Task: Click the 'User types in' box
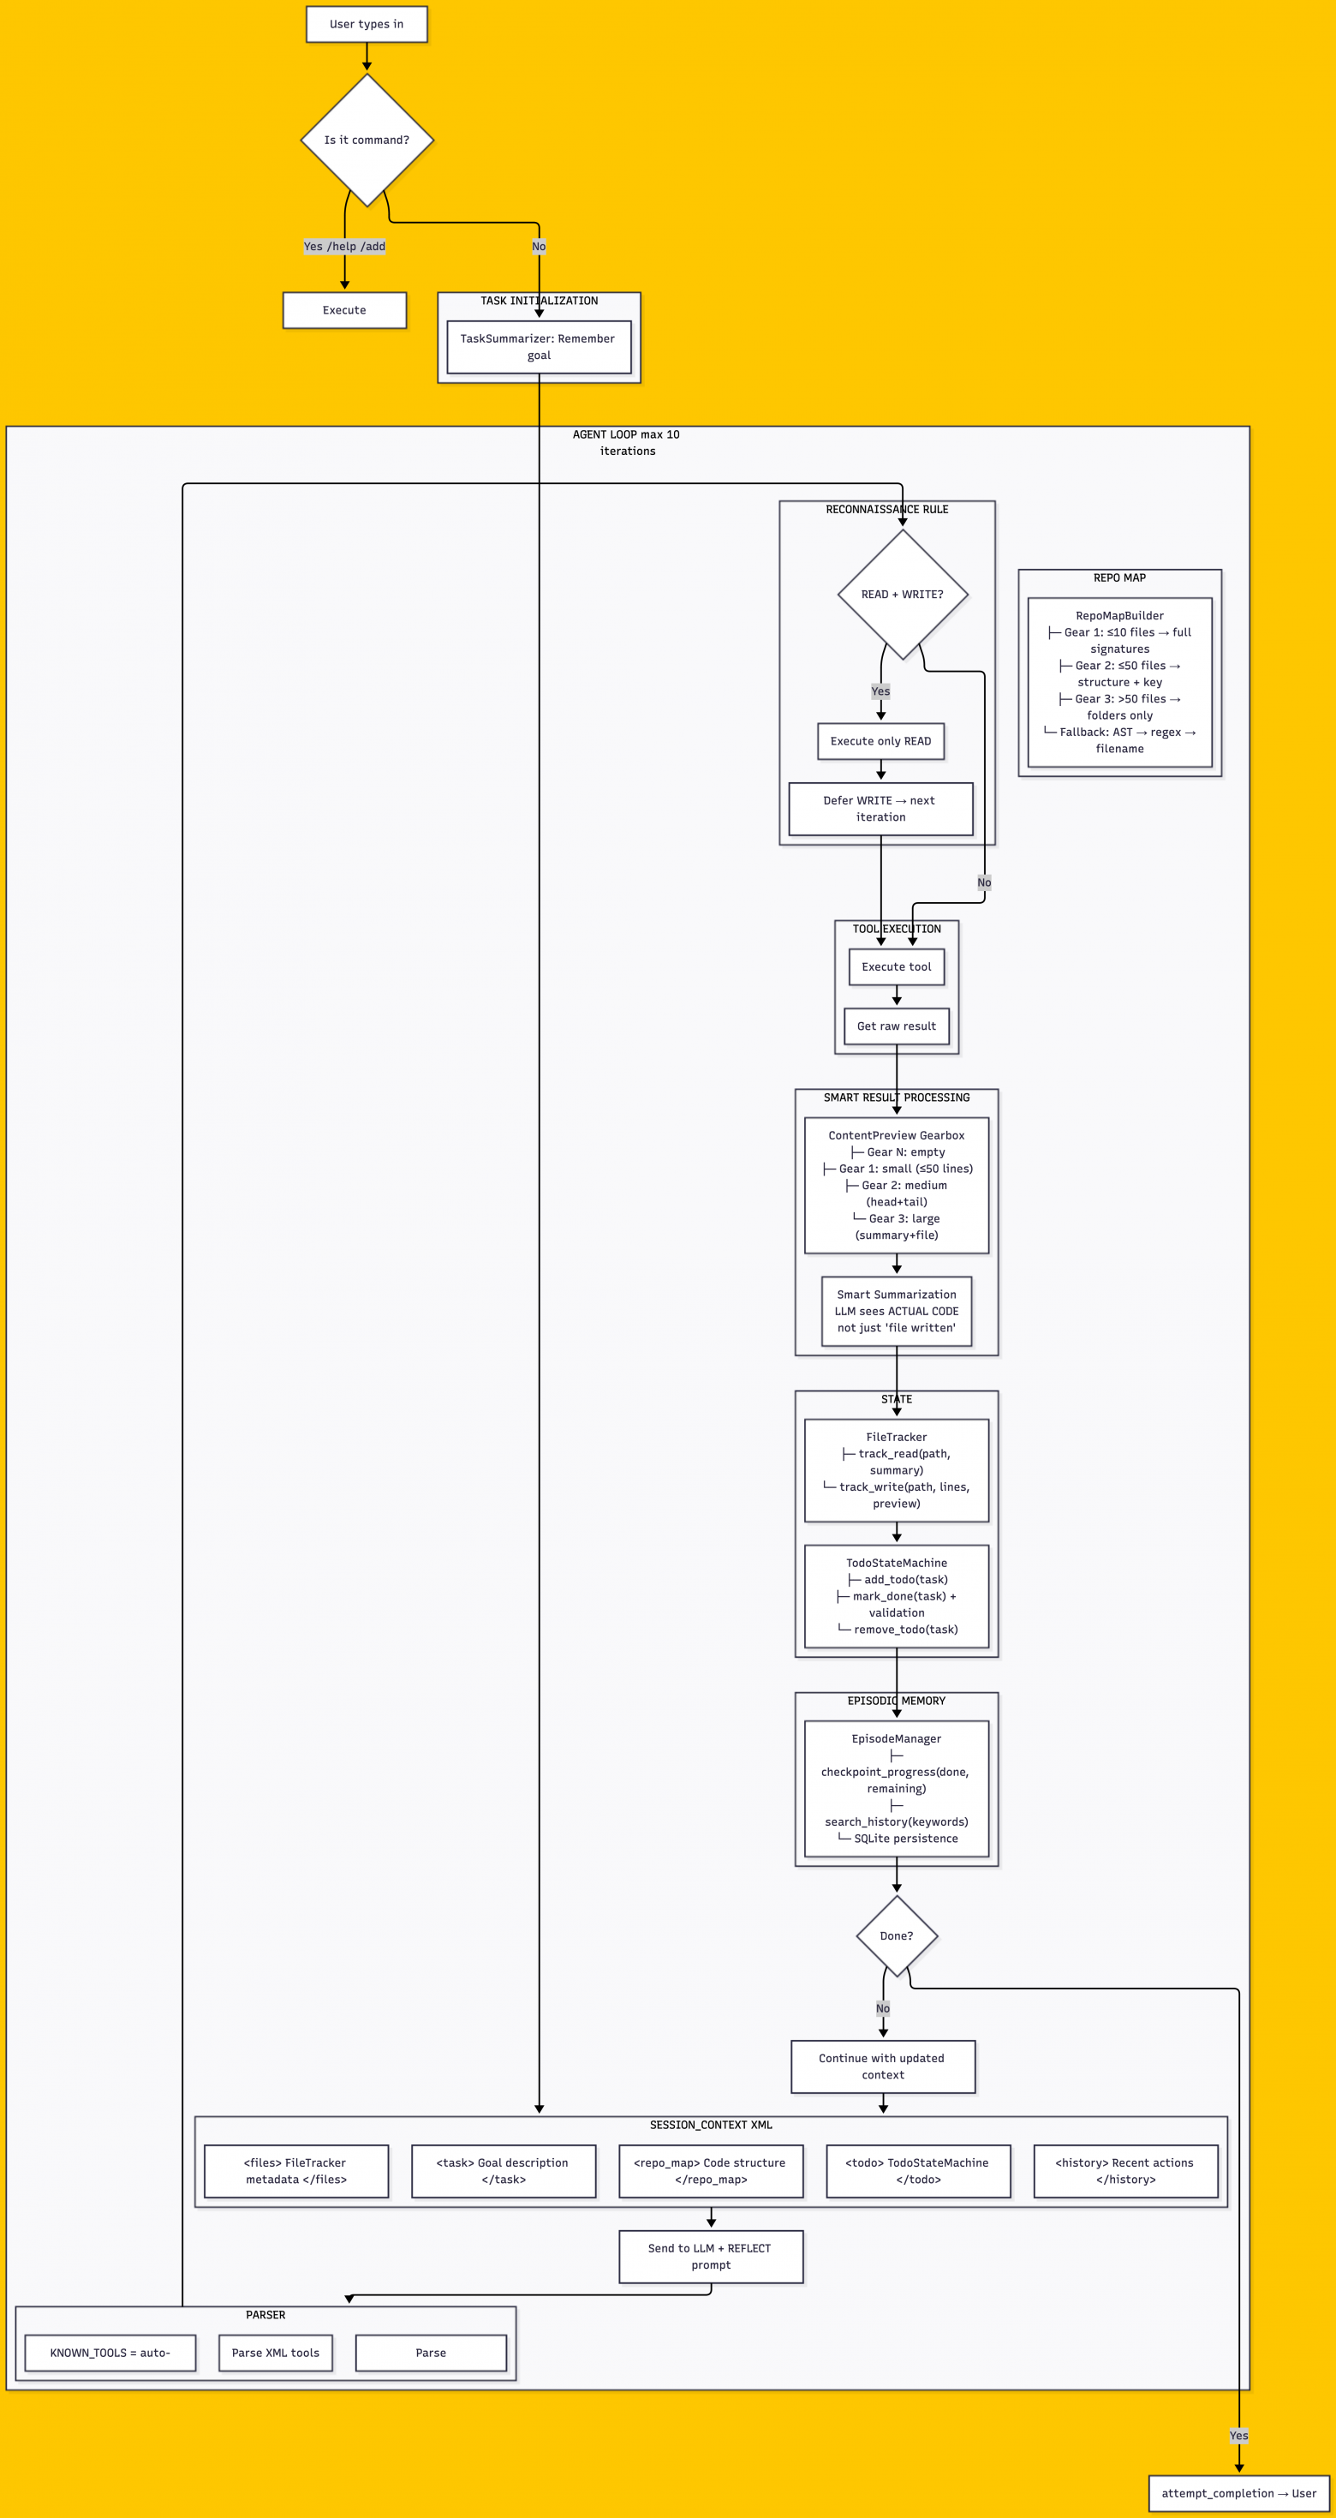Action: [367, 25]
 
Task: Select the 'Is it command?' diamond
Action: [367, 140]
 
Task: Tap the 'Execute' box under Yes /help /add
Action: [344, 310]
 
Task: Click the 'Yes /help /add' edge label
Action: [344, 247]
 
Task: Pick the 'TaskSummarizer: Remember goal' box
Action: [539, 347]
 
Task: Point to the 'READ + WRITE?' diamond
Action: [902, 595]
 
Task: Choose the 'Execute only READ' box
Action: [880, 741]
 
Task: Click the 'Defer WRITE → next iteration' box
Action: [880, 809]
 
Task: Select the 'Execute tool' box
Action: [896, 966]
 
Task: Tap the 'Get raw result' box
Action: [896, 1026]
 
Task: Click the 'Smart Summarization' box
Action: [896, 1311]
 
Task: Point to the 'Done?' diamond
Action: [896, 1935]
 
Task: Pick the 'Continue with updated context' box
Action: [882, 2066]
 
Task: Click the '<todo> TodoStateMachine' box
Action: [918, 2171]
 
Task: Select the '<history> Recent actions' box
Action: [1125, 2171]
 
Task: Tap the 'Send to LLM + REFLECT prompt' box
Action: [711, 2256]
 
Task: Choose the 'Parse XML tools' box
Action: [276, 2353]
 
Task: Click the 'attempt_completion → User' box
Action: [1238, 2492]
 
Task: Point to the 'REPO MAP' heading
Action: [1119, 577]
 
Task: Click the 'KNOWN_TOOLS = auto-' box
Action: [110, 2353]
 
